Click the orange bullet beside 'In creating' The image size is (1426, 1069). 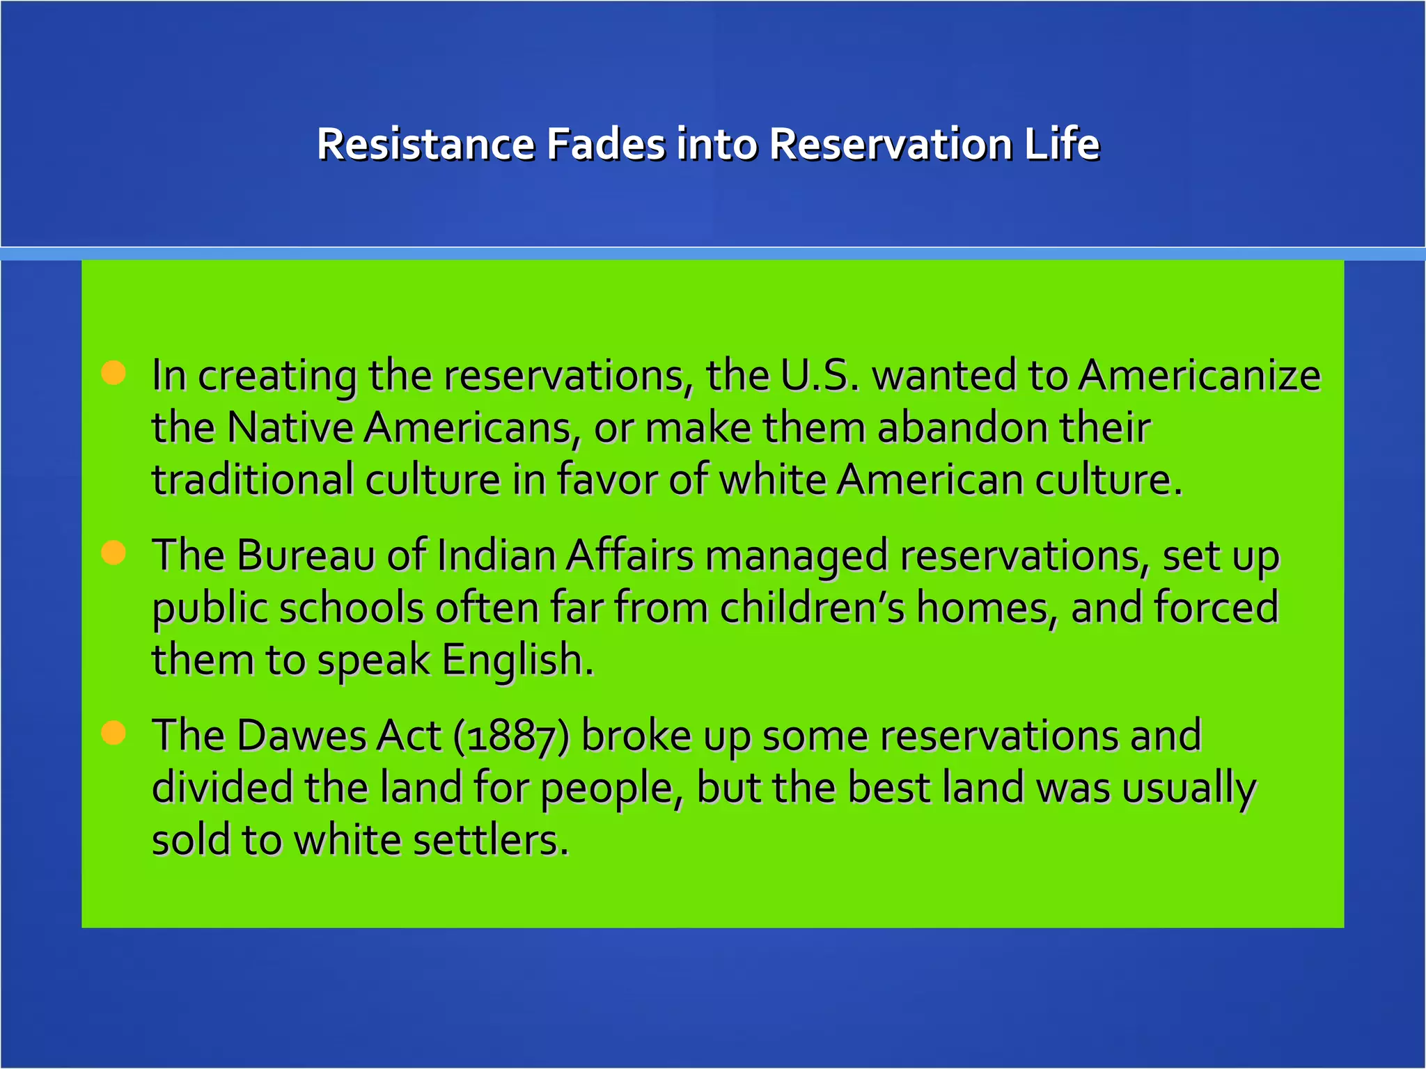(113, 373)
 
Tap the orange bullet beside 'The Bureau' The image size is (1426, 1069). (113, 553)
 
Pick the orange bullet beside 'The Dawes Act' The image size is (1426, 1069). (113, 733)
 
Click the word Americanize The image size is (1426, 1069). (1199, 375)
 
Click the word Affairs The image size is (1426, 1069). (630, 555)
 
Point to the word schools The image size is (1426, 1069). (351, 608)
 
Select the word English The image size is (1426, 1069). (517, 660)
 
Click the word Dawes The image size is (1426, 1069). (301, 736)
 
